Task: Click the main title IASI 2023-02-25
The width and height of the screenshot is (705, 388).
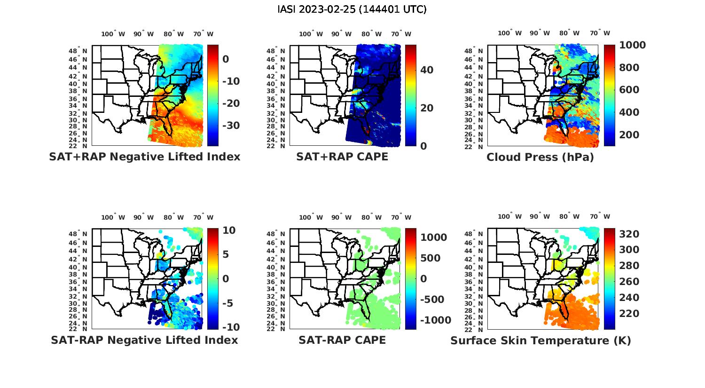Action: [x=352, y=9]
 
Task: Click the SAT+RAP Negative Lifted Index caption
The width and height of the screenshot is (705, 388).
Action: [x=145, y=157]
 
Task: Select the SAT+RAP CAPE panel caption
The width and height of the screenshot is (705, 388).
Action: [x=342, y=157]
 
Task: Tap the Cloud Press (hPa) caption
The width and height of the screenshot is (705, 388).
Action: [x=540, y=157]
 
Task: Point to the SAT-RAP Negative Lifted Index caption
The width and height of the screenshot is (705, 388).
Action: [x=145, y=340]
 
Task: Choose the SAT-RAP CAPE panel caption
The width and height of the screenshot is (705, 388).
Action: [x=342, y=340]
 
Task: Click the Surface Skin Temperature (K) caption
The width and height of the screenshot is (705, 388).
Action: [x=540, y=340]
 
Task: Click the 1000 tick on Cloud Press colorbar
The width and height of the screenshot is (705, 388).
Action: [x=632, y=45]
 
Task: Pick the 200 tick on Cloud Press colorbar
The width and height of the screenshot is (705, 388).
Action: [x=629, y=135]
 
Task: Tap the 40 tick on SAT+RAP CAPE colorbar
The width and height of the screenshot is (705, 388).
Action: [x=427, y=70]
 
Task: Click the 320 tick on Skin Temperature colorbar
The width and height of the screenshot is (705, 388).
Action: [x=628, y=234]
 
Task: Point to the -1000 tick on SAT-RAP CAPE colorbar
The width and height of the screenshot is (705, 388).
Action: [x=435, y=320]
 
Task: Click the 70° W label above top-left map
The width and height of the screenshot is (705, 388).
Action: [x=204, y=34]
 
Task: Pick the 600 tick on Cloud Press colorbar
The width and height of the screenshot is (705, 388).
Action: [x=629, y=90]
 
